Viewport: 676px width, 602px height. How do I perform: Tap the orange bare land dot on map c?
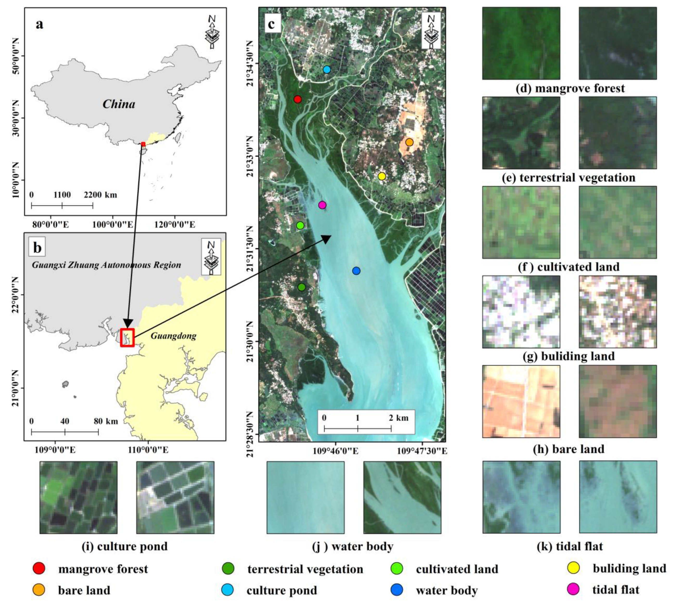coord(409,142)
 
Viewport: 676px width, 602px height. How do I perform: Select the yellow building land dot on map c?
coord(382,176)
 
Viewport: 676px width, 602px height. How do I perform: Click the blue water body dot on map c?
coord(356,271)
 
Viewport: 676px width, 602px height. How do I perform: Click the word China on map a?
coord(119,104)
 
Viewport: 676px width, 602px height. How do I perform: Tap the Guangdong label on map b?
coord(173,336)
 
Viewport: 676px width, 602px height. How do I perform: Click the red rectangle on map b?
coord(127,337)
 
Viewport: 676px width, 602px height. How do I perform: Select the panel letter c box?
coord(271,24)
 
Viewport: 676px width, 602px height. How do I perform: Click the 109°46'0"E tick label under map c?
coord(335,451)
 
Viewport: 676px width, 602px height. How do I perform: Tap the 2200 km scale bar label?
coord(100,194)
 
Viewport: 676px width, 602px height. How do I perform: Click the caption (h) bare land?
coord(569,449)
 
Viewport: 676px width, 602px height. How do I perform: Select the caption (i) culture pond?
coord(125,546)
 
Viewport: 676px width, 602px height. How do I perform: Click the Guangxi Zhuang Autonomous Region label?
coord(107,265)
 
